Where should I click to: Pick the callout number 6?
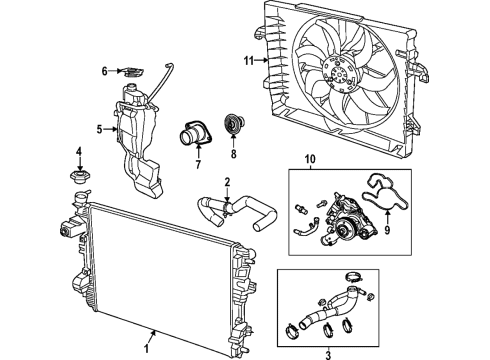(104, 70)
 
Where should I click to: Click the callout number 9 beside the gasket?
(376, 239)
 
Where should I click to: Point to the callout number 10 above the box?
(309, 157)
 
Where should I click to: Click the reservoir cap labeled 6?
(130, 71)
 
